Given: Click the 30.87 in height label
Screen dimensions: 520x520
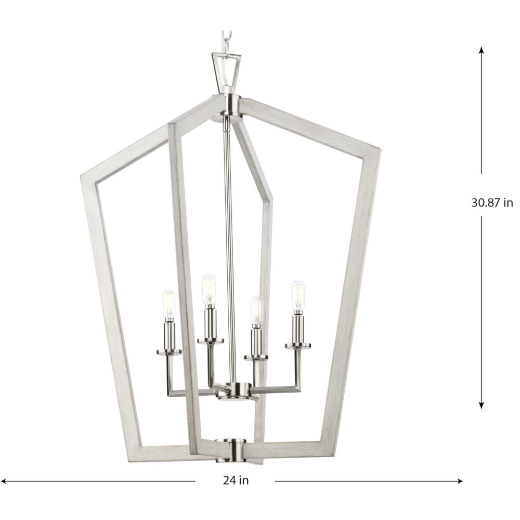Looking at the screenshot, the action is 492,203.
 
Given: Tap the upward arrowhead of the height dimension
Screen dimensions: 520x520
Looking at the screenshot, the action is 482,50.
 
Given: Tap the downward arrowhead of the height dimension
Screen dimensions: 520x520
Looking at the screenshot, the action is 482,405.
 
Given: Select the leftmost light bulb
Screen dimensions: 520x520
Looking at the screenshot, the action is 169,304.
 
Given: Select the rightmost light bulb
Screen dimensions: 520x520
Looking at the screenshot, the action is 298,297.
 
